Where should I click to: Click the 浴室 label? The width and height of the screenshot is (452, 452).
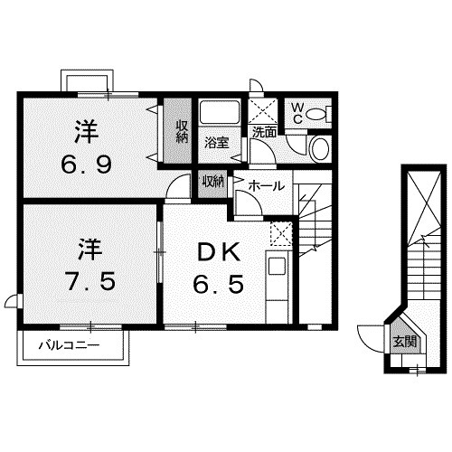[x=215, y=142]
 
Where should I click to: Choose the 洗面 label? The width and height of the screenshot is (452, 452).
[x=264, y=132]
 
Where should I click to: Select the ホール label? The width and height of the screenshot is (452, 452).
[x=267, y=185]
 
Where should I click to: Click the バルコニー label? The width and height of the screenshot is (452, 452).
[x=68, y=344]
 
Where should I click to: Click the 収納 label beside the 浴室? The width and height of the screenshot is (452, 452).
[x=182, y=132]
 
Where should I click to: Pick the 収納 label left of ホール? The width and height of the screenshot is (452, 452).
[x=212, y=181]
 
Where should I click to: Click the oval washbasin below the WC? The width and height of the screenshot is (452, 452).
[x=320, y=148]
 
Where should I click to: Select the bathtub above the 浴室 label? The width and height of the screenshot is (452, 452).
[x=218, y=115]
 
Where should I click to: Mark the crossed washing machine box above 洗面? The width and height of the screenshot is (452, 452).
[x=264, y=110]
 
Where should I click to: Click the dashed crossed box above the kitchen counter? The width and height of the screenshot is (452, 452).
[x=281, y=232]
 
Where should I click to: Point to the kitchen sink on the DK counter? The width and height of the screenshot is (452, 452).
[x=277, y=268]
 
